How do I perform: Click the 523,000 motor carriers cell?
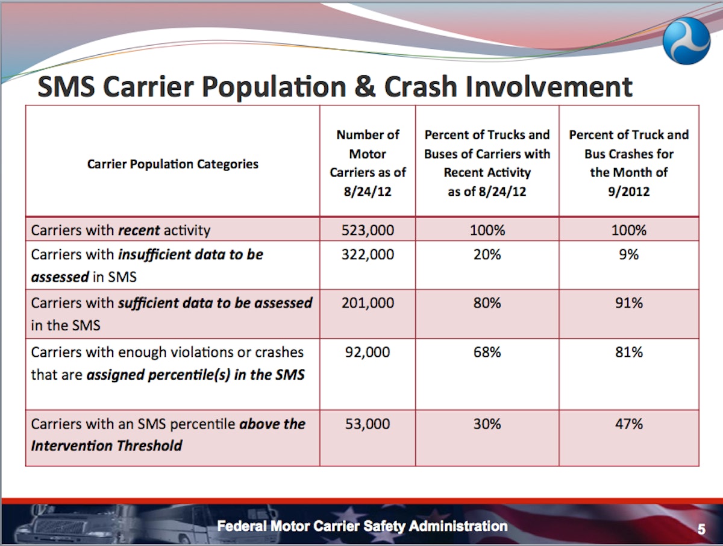(368, 230)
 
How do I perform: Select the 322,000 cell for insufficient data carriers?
(368, 255)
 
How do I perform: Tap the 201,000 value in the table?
(368, 303)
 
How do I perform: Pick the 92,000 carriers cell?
(368, 352)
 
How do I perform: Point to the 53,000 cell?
(368, 424)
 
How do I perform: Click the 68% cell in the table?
(487, 352)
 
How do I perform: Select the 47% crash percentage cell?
(629, 424)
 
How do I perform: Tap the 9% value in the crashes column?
(629, 255)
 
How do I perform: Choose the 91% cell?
(629, 303)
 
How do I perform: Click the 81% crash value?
(629, 352)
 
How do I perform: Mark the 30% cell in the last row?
(487, 424)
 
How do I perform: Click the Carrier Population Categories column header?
(173, 164)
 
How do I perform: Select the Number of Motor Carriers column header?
(368, 163)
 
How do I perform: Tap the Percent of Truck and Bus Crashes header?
(629, 163)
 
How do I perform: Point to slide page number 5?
(701, 530)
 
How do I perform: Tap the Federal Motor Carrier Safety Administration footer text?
(362, 526)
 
